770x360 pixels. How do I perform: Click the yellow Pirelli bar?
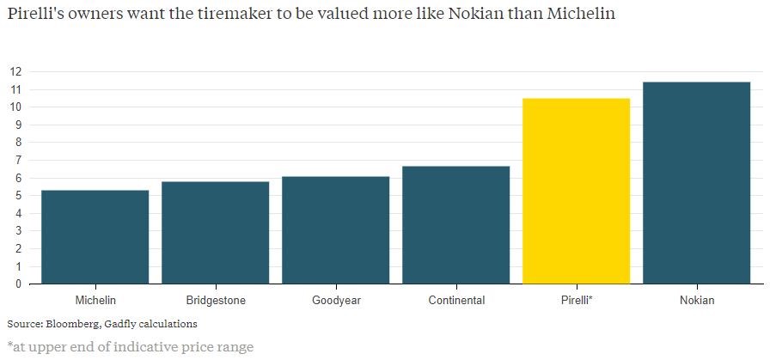pos(576,191)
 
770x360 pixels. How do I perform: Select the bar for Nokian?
pos(696,182)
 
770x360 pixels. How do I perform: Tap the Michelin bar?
pos(95,236)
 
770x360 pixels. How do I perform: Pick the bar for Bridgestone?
pos(215,232)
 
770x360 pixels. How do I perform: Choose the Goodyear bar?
pos(335,229)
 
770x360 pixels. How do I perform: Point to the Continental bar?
pos(455,224)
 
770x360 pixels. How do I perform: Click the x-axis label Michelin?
pos(95,301)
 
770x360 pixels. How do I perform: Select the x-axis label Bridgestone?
pos(215,301)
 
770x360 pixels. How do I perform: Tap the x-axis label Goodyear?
pos(335,301)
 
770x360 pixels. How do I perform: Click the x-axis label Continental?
pos(455,301)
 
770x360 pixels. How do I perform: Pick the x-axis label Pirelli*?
pos(576,301)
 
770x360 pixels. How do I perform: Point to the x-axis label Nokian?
pos(696,301)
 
